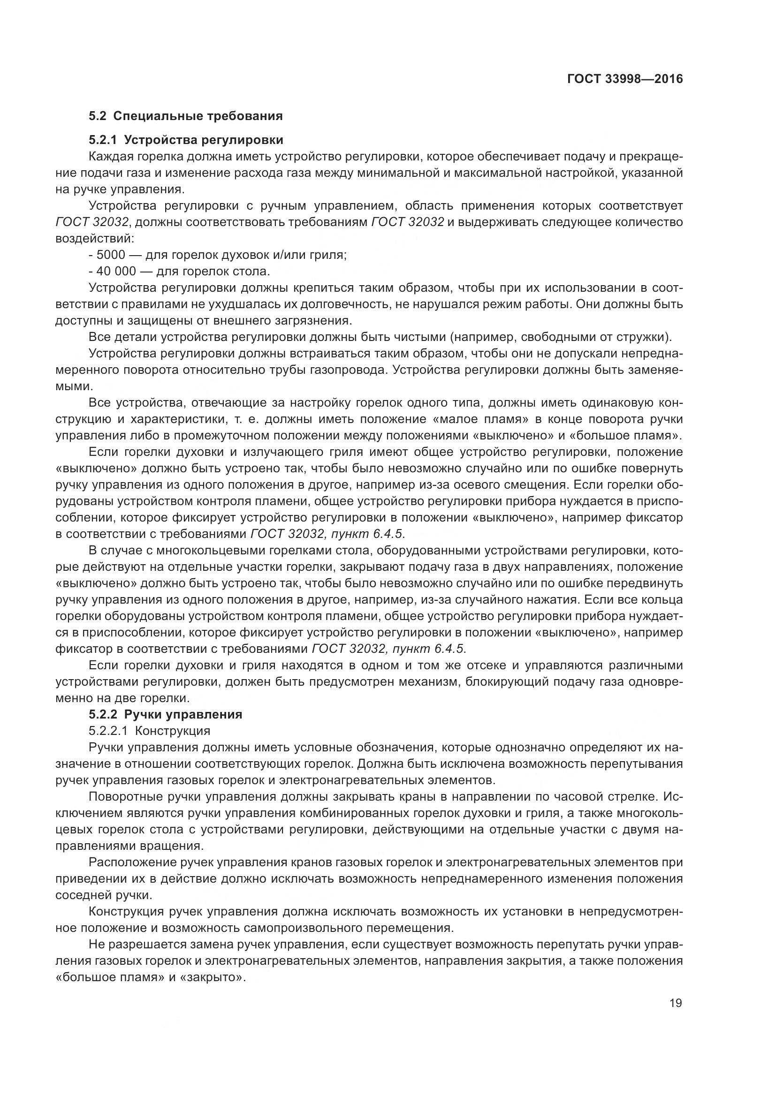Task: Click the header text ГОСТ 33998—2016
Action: click(625, 79)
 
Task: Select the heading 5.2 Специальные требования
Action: click(186, 116)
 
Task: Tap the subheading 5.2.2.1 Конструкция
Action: click(150, 731)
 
